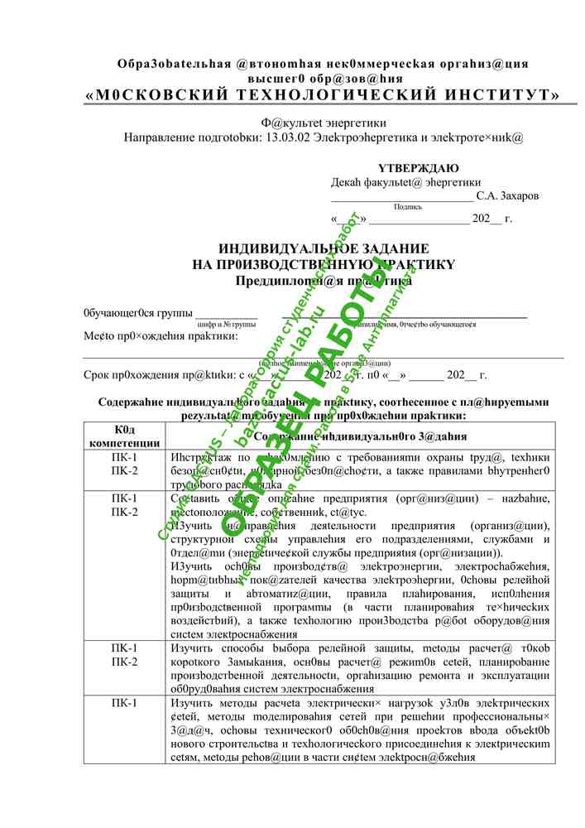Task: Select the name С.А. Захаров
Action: coord(507,196)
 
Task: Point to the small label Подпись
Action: coord(408,207)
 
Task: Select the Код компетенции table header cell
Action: coord(124,437)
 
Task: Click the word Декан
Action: coord(348,182)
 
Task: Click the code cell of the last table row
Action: coord(124,703)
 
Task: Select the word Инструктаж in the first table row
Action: coord(202,457)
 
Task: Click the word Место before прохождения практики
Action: coord(98,336)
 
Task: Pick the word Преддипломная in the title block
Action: coord(279,281)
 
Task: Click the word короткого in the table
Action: coord(198,662)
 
